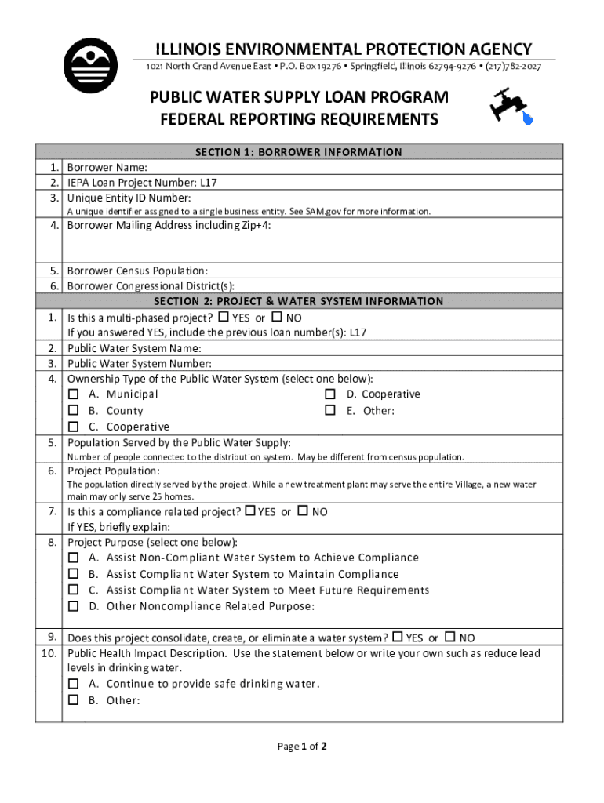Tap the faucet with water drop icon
coord(511,106)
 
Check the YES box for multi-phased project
coord(223,318)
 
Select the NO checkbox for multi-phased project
coord(276,318)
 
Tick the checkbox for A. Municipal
coord(74,394)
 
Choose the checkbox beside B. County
coord(74,411)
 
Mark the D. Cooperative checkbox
coord(330,394)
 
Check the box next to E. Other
coord(330,411)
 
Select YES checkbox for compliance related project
coord(250,511)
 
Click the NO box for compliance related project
coord(303,511)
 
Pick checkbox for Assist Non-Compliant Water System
coord(74,558)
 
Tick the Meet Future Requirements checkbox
coord(74,590)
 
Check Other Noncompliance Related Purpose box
coord(74,606)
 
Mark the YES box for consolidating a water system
coord(397,638)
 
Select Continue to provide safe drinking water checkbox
coord(74,684)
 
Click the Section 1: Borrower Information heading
coord(298,152)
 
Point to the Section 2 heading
coord(298,301)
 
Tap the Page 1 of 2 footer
coord(302,747)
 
